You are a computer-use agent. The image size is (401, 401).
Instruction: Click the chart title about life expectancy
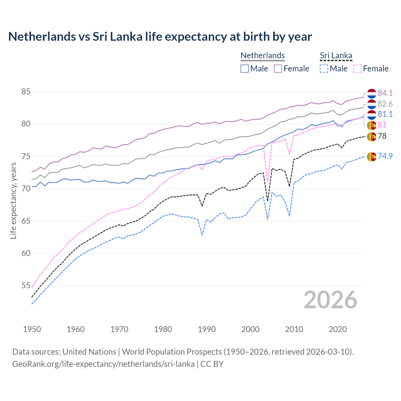click(160, 37)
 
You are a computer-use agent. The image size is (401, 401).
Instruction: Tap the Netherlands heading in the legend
click(263, 55)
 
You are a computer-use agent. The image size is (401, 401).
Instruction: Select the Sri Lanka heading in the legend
click(336, 55)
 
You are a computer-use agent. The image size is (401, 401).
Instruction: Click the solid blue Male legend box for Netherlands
click(245, 69)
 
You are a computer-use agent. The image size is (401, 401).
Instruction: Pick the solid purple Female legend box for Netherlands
click(278, 69)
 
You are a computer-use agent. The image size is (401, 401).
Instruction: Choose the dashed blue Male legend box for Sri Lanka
click(324, 69)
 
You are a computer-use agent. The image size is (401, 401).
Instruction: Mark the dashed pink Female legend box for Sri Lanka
click(357, 69)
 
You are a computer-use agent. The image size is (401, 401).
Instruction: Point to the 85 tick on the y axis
click(26, 92)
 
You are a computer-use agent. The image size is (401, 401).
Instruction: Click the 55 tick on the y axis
click(26, 285)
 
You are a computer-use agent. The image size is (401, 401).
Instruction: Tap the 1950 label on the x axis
click(32, 329)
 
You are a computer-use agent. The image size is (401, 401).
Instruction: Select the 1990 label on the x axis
click(207, 329)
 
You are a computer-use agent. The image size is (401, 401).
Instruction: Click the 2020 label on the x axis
click(338, 329)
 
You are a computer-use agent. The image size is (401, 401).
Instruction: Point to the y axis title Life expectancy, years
click(13, 200)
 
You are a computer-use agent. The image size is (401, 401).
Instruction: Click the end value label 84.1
click(385, 93)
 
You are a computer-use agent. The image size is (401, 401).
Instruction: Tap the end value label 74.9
click(385, 156)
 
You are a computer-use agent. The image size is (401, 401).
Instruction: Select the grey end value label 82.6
click(385, 104)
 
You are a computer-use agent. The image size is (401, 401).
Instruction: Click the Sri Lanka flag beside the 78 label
click(372, 137)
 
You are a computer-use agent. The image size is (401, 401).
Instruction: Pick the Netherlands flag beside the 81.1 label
click(372, 115)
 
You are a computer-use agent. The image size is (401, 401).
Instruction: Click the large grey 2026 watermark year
click(331, 300)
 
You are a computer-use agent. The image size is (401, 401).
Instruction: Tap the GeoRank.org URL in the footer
click(103, 364)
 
